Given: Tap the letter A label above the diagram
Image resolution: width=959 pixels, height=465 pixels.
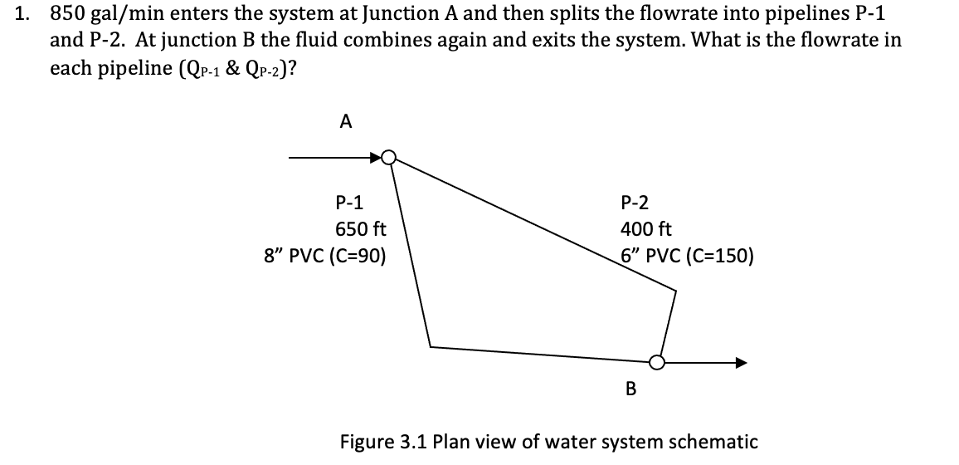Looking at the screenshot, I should click(346, 122).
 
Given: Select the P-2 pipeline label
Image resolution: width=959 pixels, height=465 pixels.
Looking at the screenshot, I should click(635, 202).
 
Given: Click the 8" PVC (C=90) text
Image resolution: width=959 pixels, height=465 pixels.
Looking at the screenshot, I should click(324, 256).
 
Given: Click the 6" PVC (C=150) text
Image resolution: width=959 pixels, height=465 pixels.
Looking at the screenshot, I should click(688, 256).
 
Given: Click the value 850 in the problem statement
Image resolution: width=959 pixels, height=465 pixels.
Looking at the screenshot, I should click(69, 14).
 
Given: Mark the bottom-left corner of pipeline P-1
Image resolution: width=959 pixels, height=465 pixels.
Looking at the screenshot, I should click(430, 345).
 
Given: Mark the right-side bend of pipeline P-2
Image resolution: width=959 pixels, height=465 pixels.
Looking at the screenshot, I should click(675, 291).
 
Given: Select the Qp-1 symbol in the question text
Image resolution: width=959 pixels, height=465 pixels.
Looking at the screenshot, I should click(194, 69).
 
